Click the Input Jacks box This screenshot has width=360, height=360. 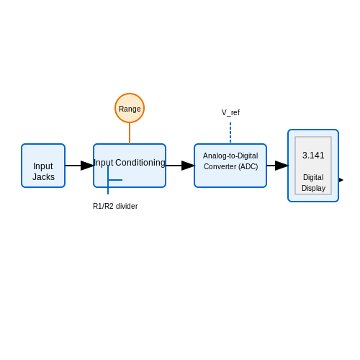[43, 166]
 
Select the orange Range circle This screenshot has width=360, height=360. [130, 108]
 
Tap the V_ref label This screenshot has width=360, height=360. [230, 112]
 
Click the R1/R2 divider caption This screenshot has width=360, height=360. [115, 206]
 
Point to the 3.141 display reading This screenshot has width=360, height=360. [313, 156]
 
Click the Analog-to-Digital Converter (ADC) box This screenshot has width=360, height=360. [230, 166]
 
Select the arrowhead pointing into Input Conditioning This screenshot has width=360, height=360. [87, 166]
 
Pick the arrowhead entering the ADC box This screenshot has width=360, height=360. [188, 166]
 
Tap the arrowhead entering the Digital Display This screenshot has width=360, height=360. [282, 166]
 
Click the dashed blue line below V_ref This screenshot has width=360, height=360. [230, 132]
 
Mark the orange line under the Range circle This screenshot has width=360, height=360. [130, 133]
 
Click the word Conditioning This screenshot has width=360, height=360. [140, 163]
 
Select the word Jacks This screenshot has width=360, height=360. [43, 177]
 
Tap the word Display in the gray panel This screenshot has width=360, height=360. [313, 188]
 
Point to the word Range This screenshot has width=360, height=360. [130, 109]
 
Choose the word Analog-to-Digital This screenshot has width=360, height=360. [230, 156]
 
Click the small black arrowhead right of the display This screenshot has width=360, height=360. [341, 180]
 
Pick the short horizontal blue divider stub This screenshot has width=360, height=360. [115, 180]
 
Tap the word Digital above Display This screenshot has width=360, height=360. [313, 177]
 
